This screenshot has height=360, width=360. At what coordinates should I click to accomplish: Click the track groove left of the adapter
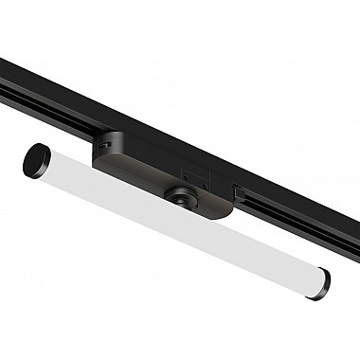(x=47, y=99)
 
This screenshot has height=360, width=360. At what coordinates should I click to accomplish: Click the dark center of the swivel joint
(x=177, y=198)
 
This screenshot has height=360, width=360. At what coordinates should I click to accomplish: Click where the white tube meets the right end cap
(x=312, y=275)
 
